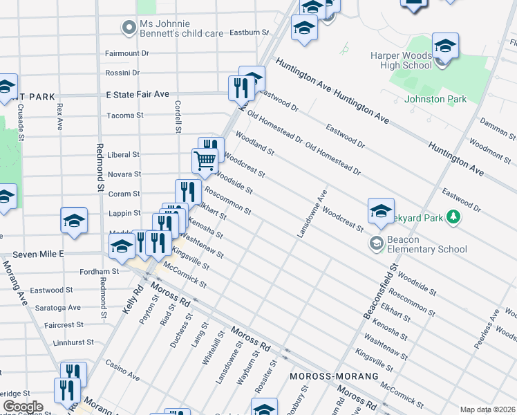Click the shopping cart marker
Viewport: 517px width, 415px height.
pos(205,161)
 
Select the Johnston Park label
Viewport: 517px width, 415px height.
pos(435,99)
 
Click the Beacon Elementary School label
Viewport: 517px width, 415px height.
pos(427,244)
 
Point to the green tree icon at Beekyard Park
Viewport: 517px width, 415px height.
pos(453,217)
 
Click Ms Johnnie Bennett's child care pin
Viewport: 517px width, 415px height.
pos(129,28)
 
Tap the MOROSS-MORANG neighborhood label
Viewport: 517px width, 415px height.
pos(334,376)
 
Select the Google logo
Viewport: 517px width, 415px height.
pos(22,407)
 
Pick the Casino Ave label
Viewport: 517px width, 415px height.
pos(122,370)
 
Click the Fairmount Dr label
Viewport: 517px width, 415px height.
pos(126,53)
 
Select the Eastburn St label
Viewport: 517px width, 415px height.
pos(249,33)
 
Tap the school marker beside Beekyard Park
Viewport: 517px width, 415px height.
pos(381,212)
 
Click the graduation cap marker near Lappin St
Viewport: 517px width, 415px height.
pos(74,221)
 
